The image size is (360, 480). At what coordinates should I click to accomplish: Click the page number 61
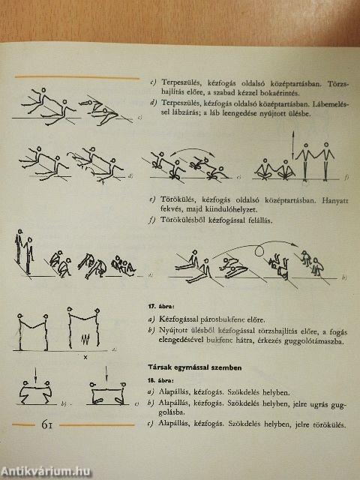point(46,425)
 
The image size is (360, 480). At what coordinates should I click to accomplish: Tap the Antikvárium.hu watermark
point(46,472)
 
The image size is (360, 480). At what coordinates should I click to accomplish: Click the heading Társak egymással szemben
point(195,367)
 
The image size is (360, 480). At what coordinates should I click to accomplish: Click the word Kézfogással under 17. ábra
point(174,319)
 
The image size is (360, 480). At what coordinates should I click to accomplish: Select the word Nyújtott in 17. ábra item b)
point(171,330)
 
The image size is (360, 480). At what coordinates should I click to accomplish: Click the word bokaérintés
point(277,92)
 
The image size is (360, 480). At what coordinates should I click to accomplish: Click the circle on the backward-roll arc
point(259,251)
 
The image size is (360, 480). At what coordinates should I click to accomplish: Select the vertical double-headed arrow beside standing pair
point(293,145)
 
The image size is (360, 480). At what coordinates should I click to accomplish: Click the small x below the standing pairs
point(85,357)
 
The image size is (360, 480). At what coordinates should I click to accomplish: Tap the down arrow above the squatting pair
point(36,376)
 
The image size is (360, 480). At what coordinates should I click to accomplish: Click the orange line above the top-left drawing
point(77,77)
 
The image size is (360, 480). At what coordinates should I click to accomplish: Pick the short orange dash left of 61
point(23,424)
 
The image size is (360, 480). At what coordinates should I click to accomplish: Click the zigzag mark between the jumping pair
point(85,339)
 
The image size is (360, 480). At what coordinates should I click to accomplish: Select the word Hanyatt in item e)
point(335,202)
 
